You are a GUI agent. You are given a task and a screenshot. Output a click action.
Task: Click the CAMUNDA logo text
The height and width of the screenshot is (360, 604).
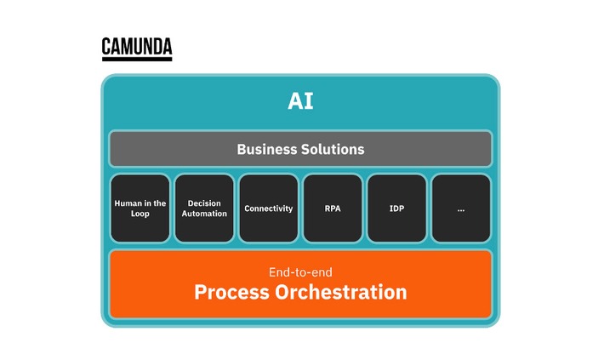[136, 46]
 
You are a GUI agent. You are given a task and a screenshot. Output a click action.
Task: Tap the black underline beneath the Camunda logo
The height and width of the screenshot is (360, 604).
[136, 59]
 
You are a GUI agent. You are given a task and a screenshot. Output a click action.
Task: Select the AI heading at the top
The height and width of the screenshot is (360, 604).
[300, 101]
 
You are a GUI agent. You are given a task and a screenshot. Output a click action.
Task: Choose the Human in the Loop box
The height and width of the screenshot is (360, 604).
[140, 208]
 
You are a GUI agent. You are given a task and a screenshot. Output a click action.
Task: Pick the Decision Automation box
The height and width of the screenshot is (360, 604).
[204, 208]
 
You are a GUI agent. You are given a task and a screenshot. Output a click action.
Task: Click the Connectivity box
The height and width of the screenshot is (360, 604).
[268, 208]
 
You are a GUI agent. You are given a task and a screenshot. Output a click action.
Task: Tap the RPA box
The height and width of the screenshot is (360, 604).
[333, 208]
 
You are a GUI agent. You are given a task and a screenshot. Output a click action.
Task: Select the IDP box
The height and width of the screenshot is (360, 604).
[396, 208]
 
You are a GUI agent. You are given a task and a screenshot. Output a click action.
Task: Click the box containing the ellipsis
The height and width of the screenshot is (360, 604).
[461, 208]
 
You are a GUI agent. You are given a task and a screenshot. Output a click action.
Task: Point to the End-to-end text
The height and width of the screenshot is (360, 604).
[300, 272]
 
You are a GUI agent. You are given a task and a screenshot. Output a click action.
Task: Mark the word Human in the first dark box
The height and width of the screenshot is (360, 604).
[128, 203]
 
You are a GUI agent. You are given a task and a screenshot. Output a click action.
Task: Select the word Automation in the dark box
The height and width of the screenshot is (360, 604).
[204, 214]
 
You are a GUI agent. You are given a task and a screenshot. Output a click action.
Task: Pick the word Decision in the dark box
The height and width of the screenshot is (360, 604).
[204, 203]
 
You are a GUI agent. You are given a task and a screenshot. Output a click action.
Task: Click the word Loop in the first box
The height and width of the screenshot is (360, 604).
[140, 214]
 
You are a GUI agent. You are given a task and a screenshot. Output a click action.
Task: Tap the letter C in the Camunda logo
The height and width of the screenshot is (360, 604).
[107, 46]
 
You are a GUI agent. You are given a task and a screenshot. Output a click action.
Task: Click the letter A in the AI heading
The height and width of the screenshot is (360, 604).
[294, 101]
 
